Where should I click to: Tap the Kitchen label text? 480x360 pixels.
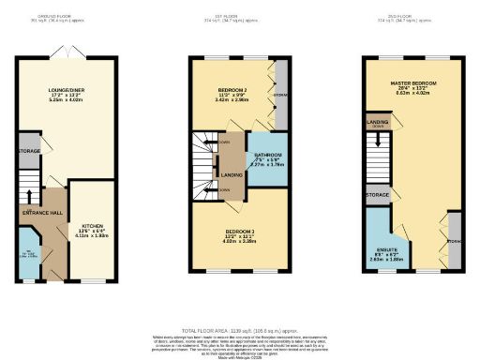tap(92, 228)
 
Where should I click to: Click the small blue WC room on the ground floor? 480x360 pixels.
tap(28, 257)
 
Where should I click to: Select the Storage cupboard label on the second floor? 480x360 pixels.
tap(377, 195)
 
